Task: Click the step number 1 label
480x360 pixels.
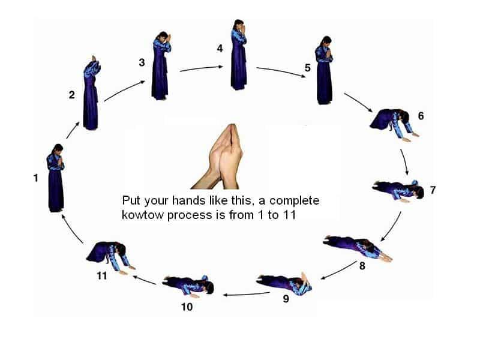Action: (36, 178)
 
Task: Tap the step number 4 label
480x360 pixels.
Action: (220, 49)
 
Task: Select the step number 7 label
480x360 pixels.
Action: (433, 190)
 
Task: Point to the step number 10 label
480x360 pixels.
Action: (187, 307)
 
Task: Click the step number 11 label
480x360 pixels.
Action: (101, 276)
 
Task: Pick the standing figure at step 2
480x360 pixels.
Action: (91, 94)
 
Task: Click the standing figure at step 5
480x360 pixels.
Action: (325, 70)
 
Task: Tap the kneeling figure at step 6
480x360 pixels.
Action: (393, 124)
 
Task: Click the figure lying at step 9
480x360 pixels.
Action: (284, 283)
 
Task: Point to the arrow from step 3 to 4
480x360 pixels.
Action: (202, 68)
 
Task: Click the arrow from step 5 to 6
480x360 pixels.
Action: (358, 103)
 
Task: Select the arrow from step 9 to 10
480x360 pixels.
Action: (247, 295)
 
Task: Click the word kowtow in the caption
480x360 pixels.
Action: (143, 215)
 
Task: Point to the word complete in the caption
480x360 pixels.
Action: (295, 201)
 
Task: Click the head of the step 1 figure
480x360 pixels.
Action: (58, 149)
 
